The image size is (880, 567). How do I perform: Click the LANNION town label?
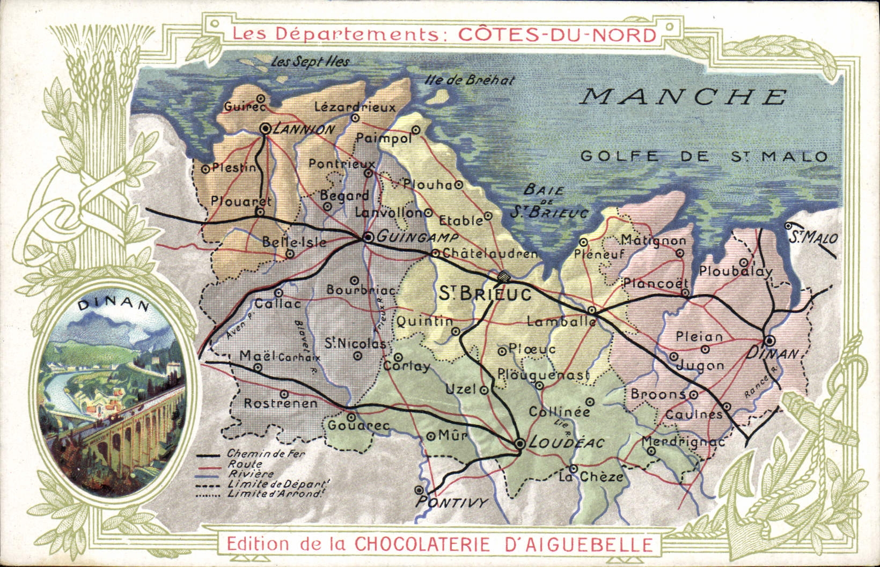click(304, 130)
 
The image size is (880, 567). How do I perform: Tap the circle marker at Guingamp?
click(368, 237)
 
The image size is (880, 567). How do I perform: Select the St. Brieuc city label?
click(485, 294)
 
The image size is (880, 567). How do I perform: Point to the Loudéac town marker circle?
click(519, 444)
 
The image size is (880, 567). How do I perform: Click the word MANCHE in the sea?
click(685, 97)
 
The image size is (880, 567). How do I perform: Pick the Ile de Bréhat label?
click(469, 80)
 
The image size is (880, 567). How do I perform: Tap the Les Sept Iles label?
click(310, 62)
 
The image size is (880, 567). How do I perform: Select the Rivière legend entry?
click(251, 474)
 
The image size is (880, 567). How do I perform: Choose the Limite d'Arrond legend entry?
click(274, 494)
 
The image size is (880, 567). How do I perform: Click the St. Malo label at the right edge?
click(813, 237)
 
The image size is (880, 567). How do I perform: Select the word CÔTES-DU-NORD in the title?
click(557, 35)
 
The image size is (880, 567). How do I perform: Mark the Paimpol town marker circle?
click(416, 129)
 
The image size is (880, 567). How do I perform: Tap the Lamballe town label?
click(561, 321)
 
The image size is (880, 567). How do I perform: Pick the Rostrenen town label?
click(281, 403)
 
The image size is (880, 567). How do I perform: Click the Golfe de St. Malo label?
click(704, 157)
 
